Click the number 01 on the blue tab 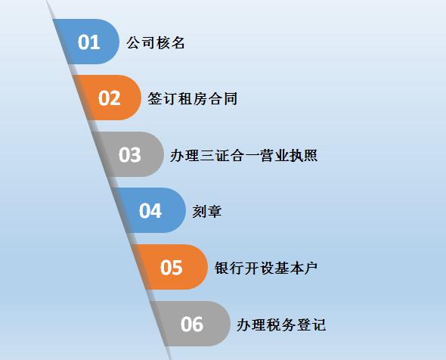[88, 42]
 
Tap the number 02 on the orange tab [109, 98]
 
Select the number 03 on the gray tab [130, 155]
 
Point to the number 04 [150, 211]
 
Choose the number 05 [171, 268]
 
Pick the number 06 [192, 324]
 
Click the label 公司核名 [156, 43]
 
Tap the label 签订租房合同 [192, 99]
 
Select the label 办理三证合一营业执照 [243, 156]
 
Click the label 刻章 [207, 212]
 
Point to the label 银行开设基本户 [266, 268]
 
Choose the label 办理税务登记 [281, 324]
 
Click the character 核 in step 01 [163, 43]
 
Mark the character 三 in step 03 [207, 156]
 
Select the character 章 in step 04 [214, 212]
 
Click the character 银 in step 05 [221, 268]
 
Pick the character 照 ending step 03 [311, 156]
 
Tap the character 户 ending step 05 [311, 268]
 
